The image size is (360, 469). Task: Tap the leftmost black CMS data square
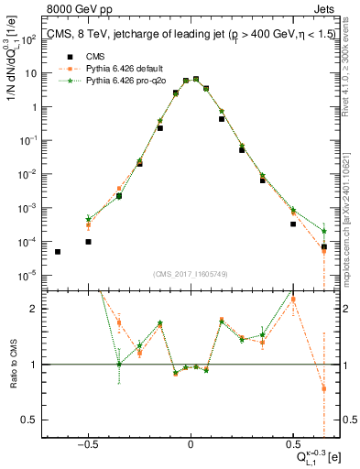(x=58, y=252)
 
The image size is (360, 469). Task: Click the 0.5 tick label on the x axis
(x=293, y=444)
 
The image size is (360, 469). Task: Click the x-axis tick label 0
(x=191, y=444)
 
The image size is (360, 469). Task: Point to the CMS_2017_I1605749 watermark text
(x=191, y=275)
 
